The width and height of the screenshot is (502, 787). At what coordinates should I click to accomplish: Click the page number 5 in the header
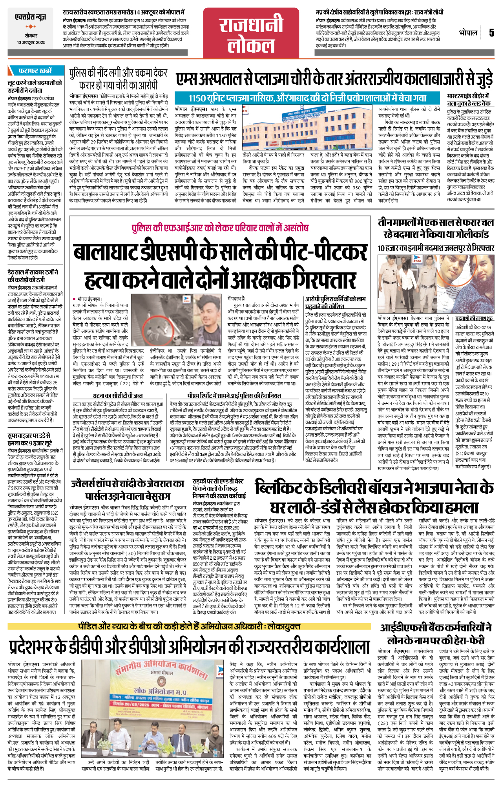[491, 33]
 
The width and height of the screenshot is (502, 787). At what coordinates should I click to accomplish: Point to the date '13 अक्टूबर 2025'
[31, 42]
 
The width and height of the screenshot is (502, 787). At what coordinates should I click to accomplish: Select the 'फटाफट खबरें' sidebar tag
[35, 71]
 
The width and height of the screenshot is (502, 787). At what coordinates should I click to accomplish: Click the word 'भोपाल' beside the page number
[468, 33]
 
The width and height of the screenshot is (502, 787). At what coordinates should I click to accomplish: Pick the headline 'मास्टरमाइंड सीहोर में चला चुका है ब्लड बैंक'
[468, 100]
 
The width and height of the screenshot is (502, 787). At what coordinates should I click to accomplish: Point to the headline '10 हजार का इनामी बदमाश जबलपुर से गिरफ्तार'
[436, 248]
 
